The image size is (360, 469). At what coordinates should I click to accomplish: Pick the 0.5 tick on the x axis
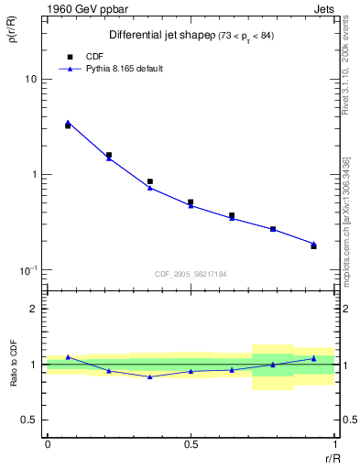pos(191,444)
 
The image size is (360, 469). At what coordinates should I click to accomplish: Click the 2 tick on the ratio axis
pos(35,310)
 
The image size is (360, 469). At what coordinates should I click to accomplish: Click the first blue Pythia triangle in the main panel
pos(68,122)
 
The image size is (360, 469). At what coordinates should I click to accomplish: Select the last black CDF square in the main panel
pos(313,246)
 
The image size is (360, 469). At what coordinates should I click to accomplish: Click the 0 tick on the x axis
pos(47,444)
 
